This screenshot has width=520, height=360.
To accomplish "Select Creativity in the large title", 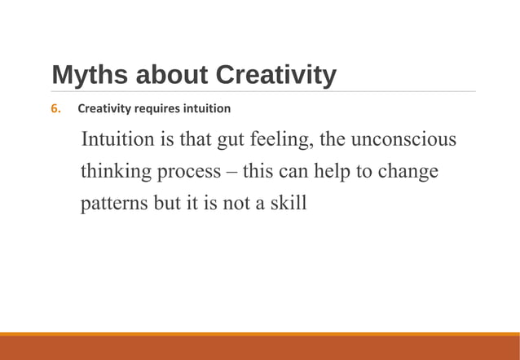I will point(275,75).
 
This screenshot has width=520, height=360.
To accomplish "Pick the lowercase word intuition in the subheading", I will point(208,108).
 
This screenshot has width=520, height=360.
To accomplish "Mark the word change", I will point(408,172).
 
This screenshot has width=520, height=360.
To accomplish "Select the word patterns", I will point(113,204).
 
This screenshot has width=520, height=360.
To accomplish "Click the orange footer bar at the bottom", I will point(260,347).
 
